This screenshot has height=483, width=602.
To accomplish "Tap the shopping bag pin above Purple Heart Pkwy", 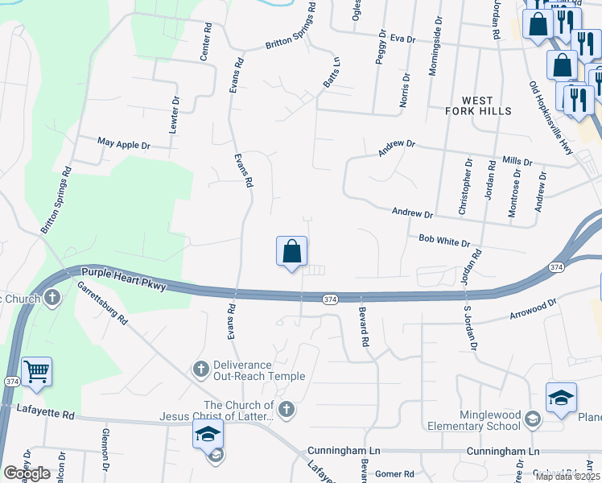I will pyautogui.click(x=291, y=251).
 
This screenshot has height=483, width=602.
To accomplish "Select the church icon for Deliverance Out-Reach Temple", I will pyautogui.click(x=201, y=369).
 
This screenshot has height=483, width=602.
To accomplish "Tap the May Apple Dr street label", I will pyautogui.click(x=124, y=144).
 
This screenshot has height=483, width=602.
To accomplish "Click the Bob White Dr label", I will pyautogui.click(x=443, y=240).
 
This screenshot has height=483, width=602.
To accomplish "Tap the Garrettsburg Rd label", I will pyautogui.click(x=102, y=303).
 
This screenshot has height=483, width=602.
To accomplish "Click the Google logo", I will pyautogui.click(x=27, y=473).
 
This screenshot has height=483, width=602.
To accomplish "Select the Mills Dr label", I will pyautogui.click(x=517, y=161).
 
